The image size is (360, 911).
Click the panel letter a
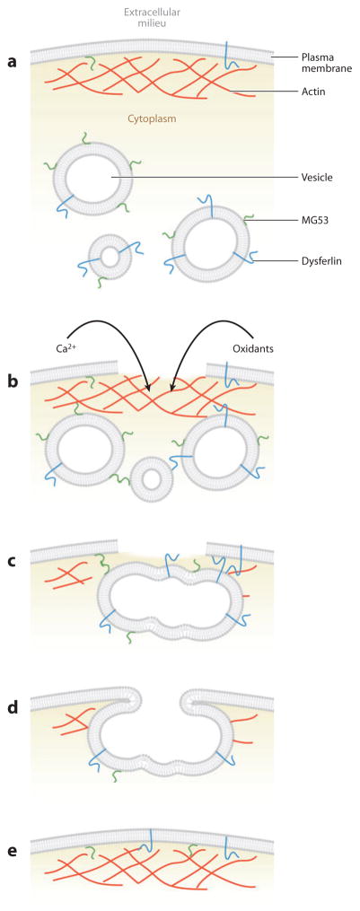point(12,63)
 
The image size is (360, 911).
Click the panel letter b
point(13,381)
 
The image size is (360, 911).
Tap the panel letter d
point(13,706)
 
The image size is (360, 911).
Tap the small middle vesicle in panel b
point(152,480)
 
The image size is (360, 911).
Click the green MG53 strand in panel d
point(116,775)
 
